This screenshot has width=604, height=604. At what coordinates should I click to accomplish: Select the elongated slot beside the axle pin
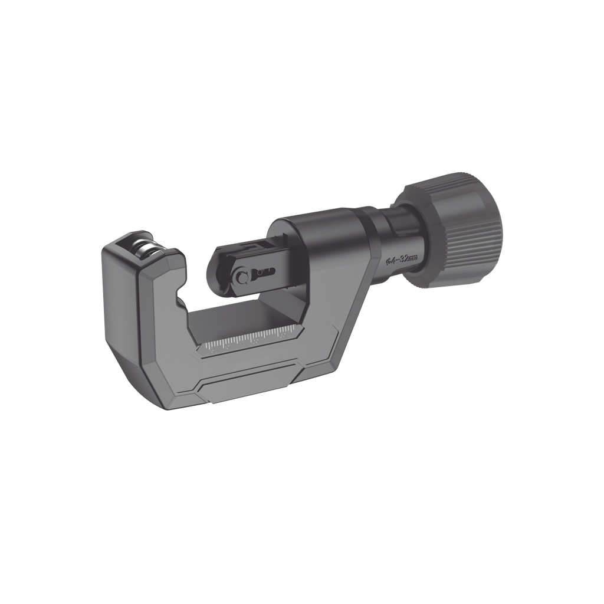point(263,272)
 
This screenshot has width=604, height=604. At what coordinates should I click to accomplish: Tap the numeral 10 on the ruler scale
point(226,347)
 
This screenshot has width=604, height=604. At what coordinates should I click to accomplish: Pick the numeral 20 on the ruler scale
point(255,340)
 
